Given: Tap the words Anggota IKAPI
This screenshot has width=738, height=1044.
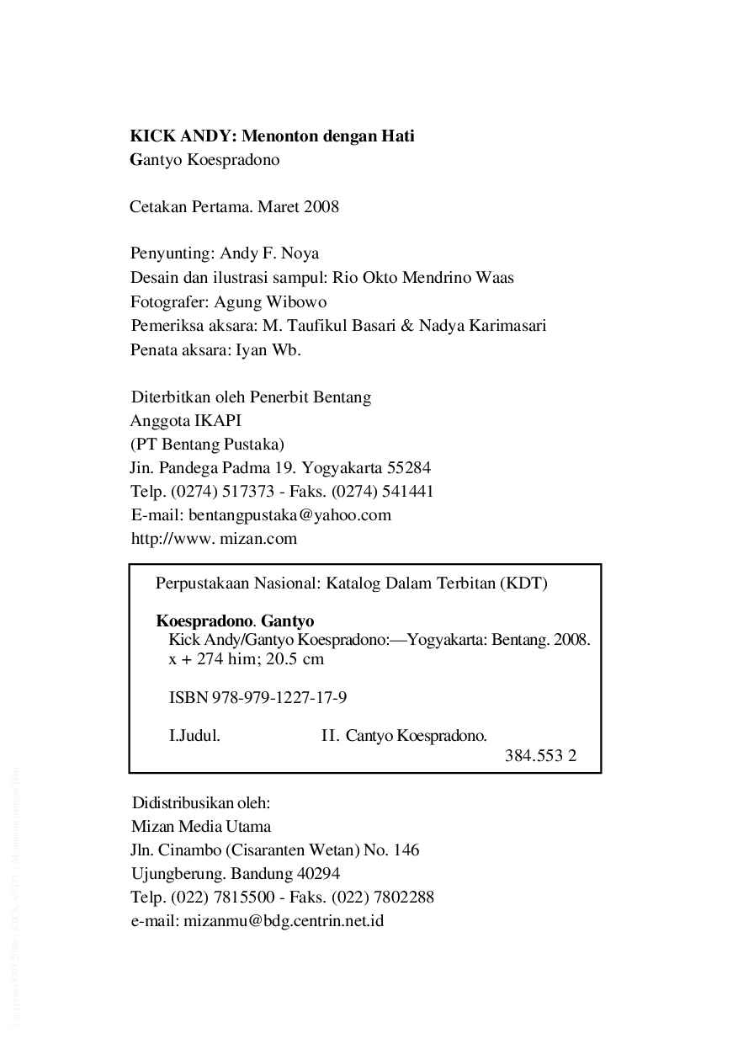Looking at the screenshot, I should pos(185,420).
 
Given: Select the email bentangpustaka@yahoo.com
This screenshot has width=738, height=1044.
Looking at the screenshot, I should pos(289,514).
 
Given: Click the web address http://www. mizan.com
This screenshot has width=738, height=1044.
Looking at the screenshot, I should pos(214,538).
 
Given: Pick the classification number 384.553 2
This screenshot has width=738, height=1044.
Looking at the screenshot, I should pos(540,755).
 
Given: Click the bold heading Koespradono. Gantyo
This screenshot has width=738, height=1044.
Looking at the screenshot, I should pos(235,622).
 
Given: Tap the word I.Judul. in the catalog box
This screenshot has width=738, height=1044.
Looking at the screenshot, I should pos(194,736).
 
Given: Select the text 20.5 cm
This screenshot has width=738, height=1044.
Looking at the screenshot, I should pos(295,659).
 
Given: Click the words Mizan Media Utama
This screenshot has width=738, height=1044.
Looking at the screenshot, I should pos(201,826).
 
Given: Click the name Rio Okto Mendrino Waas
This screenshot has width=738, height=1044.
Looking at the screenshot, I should pos(423,278).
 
